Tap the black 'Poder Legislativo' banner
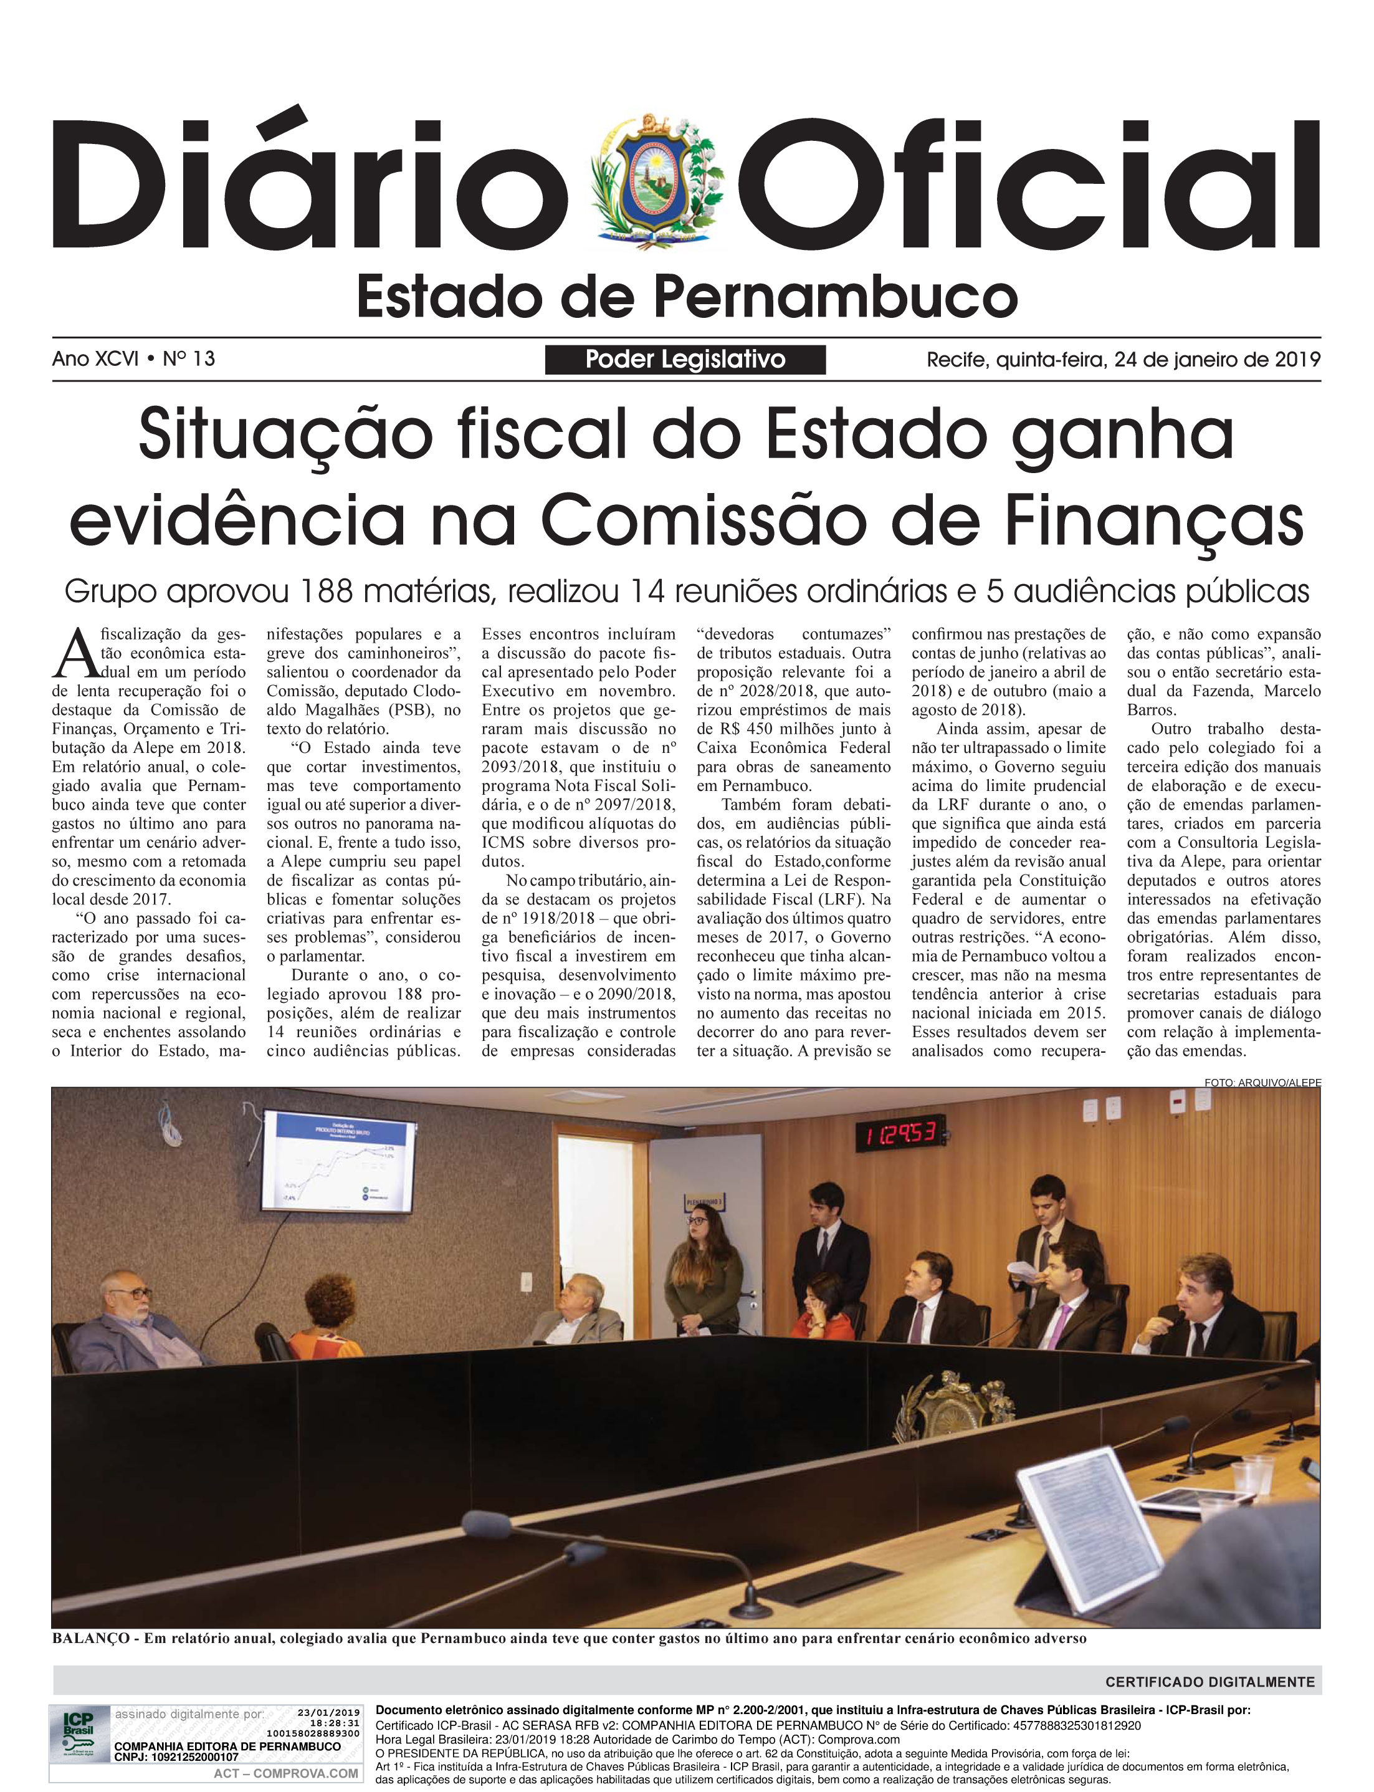coord(685,359)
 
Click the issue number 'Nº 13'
coord(189,359)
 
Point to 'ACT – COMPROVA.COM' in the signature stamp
coord(285,1774)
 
